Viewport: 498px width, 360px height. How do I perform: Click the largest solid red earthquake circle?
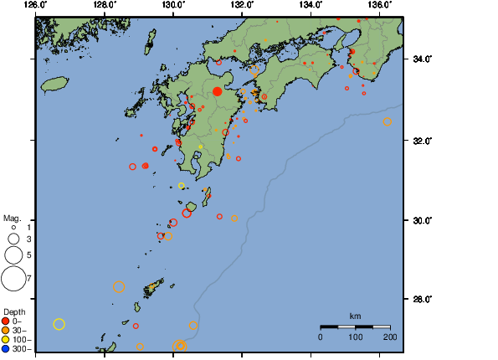click(217, 91)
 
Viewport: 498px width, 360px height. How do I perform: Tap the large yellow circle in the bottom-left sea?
click(59, 324)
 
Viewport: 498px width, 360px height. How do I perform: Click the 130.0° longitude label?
click(172, 5)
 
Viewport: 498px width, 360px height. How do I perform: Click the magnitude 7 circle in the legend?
click(13, 278)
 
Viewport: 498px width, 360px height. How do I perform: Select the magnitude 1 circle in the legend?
click(13, 227)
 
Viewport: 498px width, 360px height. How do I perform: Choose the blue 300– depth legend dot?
click(6, 348)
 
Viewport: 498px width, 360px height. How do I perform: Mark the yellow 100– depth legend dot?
click(6, 339)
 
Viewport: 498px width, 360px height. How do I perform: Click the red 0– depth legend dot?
click(6, 321)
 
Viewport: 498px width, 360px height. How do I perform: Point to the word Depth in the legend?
click(14, 312)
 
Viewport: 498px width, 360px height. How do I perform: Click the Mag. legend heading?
click(13, 217)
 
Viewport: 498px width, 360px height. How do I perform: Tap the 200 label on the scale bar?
click(390, 337)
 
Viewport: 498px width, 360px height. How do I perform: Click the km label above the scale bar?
click(355, 316)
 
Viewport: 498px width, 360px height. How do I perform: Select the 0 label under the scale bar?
click(321, 337)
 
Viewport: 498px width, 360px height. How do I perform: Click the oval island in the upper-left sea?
click(54, 84)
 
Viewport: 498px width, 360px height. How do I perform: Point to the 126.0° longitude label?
click(35, 5)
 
